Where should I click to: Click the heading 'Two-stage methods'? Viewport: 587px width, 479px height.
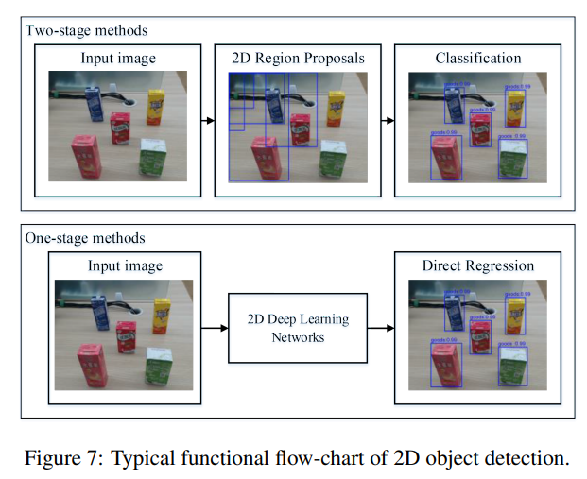tap(86, 30)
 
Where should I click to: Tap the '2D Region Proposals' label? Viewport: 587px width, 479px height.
tap(298, 59)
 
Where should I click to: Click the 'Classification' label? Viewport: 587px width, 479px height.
tap(477, 59)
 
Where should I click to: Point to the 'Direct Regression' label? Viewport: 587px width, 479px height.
tap(477, 265)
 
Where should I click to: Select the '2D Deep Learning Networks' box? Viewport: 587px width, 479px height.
tap(297, 328)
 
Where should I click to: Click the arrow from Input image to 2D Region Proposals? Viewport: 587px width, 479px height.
tap(208, 121)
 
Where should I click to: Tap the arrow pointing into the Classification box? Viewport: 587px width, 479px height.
tap(388, 121)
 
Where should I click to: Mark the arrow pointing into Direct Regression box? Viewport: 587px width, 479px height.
tap(380, 328)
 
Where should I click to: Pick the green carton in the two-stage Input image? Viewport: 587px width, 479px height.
tap(152, 157)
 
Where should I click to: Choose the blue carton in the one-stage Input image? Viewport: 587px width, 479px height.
tap(100, 311)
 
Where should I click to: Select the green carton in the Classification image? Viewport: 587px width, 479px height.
tap(511, 157)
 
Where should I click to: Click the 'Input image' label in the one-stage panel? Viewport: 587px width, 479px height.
tap(125, 265)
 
